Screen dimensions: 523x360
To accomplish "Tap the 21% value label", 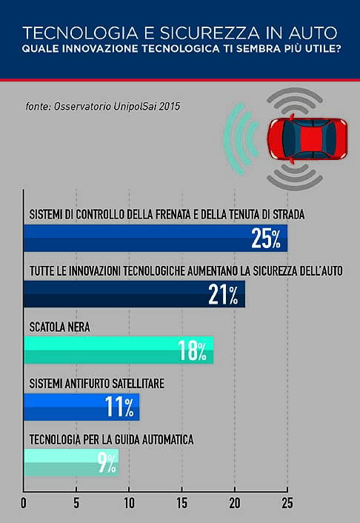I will coord(223,294).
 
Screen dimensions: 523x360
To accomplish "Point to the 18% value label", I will coord(192,350).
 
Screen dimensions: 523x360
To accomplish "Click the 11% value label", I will coord(119,406).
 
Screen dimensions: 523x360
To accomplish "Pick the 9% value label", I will coord(107,463).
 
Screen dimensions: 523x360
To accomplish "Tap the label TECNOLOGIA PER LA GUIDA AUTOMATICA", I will coord(111,439).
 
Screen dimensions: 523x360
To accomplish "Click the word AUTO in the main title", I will coord(309,33).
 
